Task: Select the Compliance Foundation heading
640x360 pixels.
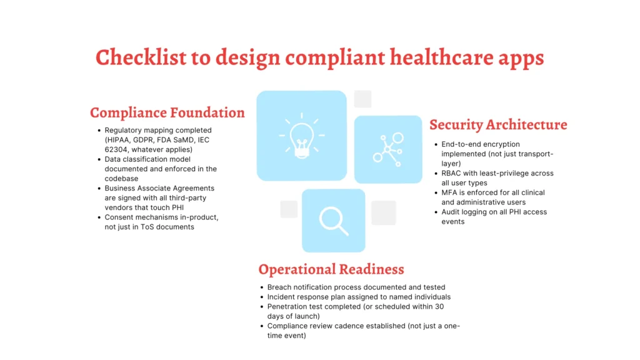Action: [167, 113]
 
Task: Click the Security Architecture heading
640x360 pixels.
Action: [498, 124]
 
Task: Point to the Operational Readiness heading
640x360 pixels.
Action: [331, 269]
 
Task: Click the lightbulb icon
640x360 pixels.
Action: [301, 136]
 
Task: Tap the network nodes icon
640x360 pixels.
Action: [388, 149]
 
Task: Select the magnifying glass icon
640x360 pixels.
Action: [333, 220]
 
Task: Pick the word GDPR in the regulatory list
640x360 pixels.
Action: [145, 140]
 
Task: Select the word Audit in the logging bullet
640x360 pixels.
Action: [451, 212]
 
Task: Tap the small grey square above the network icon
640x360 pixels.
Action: [362, 99]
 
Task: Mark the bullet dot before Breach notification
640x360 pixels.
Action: [261, 287]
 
